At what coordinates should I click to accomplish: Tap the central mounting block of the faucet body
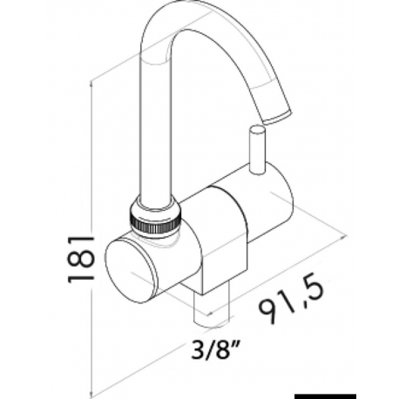[x=222, y=244]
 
